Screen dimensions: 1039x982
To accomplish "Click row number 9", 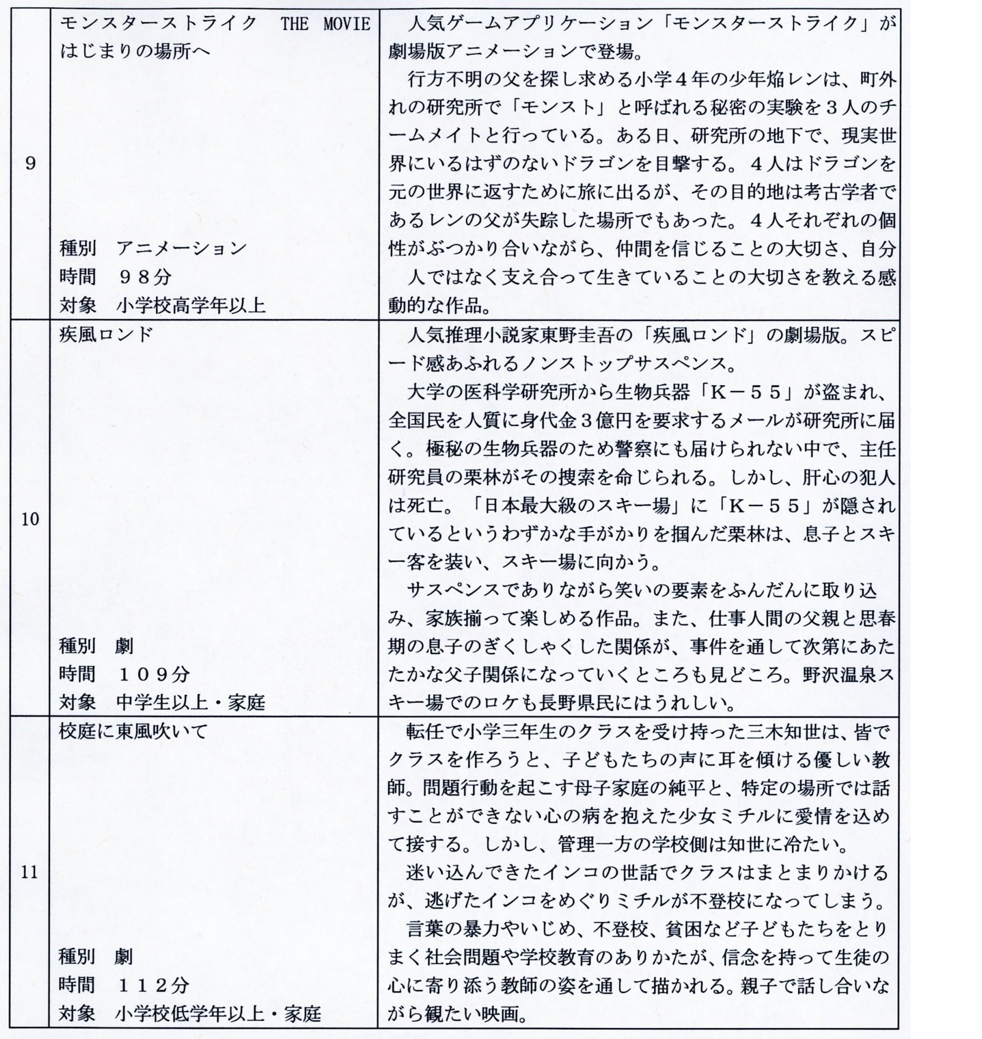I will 30,163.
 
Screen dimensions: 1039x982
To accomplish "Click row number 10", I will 30,519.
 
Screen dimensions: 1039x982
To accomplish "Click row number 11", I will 30,872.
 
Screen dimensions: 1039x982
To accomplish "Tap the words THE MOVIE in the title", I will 325,24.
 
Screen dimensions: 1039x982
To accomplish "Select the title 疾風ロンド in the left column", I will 107,334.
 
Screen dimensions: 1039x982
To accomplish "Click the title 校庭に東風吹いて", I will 133,731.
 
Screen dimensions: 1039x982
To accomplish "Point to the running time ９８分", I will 144,277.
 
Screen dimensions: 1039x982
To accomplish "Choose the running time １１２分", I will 153,985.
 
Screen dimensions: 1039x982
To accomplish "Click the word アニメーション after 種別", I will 182,249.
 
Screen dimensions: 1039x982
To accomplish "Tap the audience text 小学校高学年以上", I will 191,306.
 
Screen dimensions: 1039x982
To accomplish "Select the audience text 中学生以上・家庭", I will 191,702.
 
